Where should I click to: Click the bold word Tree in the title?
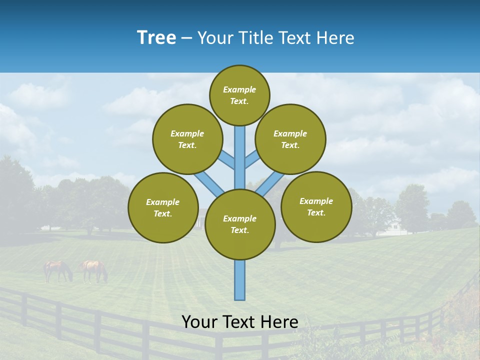coord(156,38)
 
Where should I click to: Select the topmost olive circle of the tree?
coord(239,95)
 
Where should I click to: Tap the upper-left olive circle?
coord(187,139)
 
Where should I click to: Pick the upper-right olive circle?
coord(290,139)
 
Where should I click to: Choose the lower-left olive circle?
coord(163,207)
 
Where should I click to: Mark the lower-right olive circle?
coord(316,206)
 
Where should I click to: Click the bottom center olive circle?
coord(240,224)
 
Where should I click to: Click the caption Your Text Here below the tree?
coord(239,322)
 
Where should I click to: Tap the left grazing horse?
coord(57,270)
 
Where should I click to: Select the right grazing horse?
coord(94,270)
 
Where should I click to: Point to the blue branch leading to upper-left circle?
coord(226,160)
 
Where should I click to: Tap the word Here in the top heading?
coord(335,38)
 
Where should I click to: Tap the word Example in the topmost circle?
coord(239,89)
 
